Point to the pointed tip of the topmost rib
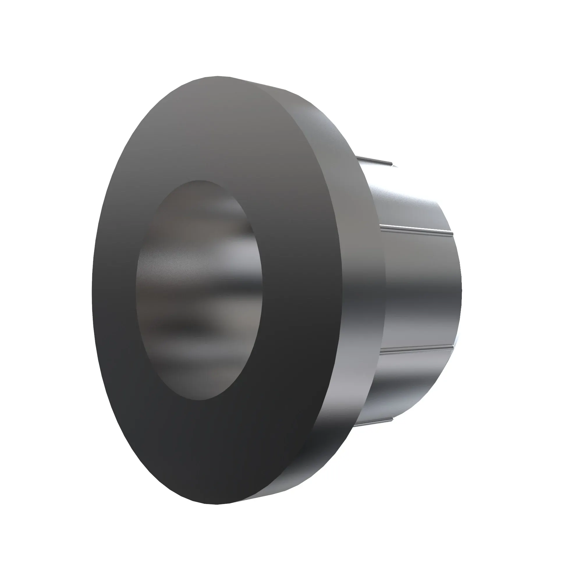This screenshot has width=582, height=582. pyautogui.click(x=393, y=165)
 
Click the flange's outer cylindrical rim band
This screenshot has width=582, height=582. pyautogui.click(x=361, y=271)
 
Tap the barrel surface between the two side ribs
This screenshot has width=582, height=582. pyautogui.click(x=422, y=289)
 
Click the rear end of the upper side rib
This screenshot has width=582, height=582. pyautogui.click(x=452, y=234)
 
